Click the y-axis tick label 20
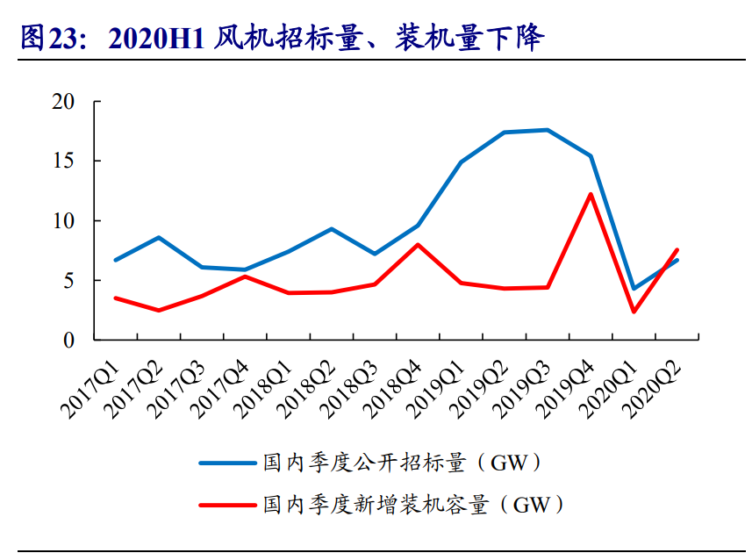coord(76,102)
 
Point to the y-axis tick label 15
coord(76,162)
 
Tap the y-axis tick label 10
coord(76,221)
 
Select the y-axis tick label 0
coord(82,341)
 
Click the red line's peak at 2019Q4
coord(591,194)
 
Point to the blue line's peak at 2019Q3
coord(548,130)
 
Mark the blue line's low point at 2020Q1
coord(634,289)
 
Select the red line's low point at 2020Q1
coord(634,312)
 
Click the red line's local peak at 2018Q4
coord(418,244)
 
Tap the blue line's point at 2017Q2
coord(158,237)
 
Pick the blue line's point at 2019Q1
coord(461,162)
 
